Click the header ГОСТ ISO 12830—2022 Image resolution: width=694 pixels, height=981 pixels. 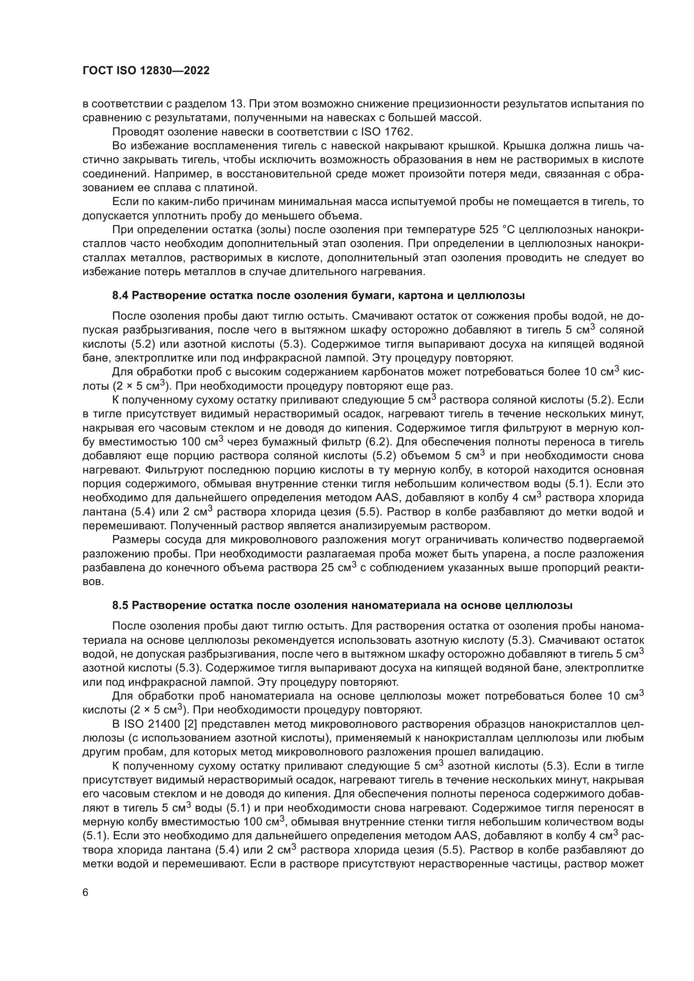tap(146, 71)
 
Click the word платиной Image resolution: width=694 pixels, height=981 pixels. tap(235, 187)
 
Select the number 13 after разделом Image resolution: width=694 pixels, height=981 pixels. tap(237, 104)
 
